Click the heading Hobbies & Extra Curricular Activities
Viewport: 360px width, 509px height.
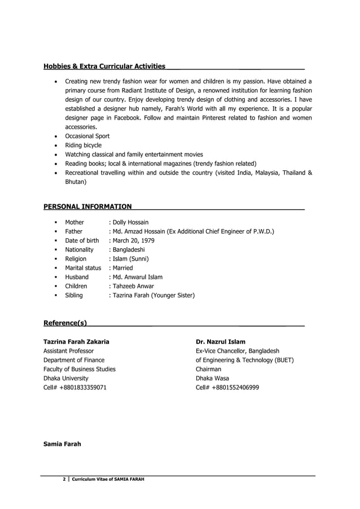(x=104, y=67)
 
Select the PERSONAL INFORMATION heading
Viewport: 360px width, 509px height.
(x=87, y=207)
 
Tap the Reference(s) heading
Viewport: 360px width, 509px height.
(x=65, y=323)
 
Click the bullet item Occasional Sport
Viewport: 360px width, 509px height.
(x=87, y=136)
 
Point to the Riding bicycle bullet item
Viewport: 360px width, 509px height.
(x=84, y=145)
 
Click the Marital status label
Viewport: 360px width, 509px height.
(x=83, y=268)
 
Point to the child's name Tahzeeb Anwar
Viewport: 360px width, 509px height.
(x=133, y=286)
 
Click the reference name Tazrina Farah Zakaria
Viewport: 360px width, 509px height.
(x=76, y=341)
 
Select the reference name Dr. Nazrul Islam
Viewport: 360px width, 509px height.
(x=220, y=341)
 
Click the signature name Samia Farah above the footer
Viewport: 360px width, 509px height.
(x=62, y=444)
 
